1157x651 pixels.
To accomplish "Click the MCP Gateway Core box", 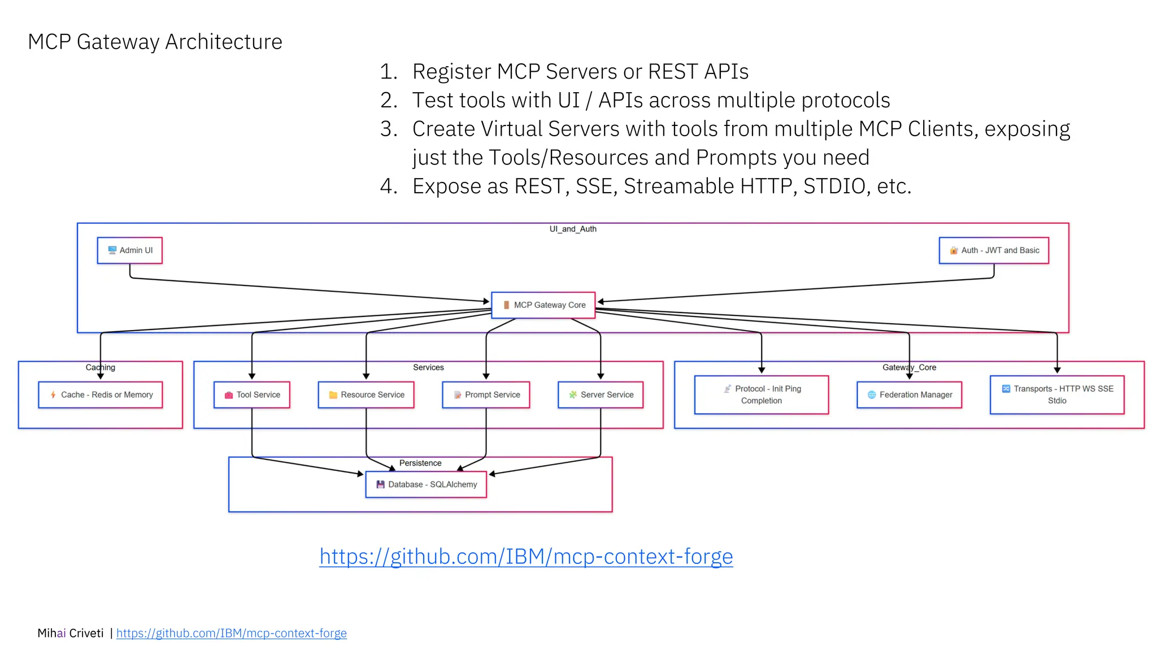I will click(x=543, y=305).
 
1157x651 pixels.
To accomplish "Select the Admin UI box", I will click(x=129, y=250).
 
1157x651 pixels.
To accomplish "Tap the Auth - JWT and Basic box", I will click(x=994, y=250).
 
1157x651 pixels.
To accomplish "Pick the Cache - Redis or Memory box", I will click(x=101, y=394).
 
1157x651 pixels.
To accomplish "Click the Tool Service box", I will click(x=252, y=394).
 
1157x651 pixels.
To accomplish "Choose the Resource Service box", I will click(x=366, y=394).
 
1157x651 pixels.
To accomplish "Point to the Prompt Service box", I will click(x=486, y=394).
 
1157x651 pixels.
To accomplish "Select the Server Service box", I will click(x=601, y=394).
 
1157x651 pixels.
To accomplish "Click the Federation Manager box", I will click(x=909, y=394).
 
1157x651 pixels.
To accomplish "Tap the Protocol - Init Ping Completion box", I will click(x=762, y=394).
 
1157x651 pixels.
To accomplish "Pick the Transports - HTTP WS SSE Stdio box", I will click(x=1057, y=394).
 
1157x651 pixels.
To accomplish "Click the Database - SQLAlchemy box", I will click(x=426, y=484).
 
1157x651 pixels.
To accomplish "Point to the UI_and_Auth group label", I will click(x=573, y=229).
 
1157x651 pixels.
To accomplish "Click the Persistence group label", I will click(x=420, y=463).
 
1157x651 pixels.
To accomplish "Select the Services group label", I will click(x=428, y=367).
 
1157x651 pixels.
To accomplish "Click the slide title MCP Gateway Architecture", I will click(x=155, y=42).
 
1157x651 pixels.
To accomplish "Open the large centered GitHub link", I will click(x=526, y=557).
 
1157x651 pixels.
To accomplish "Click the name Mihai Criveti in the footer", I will click(x=71, y=633).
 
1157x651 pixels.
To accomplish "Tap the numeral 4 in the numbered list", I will click(x=388, y=186).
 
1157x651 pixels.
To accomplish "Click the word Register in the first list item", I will click(x=451, y=72).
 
